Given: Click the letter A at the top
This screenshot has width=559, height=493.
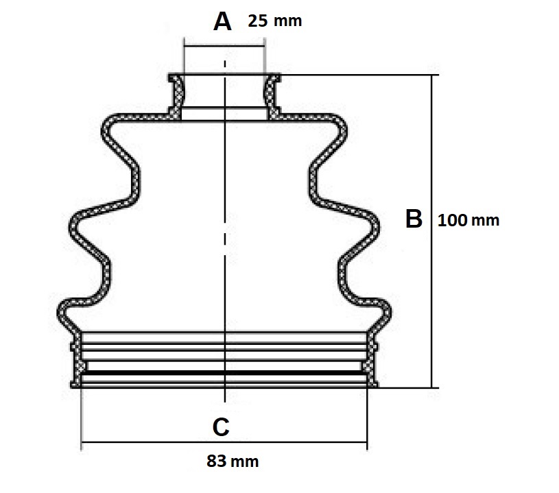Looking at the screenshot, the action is (222, 21).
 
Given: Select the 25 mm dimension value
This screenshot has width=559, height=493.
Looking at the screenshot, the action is (275, 21).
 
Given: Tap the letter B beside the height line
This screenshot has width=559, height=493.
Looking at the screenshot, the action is (414, 219).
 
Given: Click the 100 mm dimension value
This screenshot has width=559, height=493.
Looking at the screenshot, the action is (468, 220).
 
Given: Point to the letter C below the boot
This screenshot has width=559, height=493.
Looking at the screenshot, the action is (221, 426).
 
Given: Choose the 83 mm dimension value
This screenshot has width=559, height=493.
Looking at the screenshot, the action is (233, 461).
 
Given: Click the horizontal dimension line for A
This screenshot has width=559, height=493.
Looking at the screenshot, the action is (224, 46).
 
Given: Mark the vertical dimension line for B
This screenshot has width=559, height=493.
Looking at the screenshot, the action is (431, 231).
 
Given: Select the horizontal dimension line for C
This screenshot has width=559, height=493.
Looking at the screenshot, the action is (224, 442).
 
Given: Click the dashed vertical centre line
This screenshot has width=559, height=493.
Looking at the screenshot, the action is (224, 231).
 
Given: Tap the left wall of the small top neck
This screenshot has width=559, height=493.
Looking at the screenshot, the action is (176, 95).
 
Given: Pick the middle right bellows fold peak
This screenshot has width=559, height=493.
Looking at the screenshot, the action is (375, 226).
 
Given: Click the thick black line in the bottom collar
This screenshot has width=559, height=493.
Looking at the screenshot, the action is (224, 373).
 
